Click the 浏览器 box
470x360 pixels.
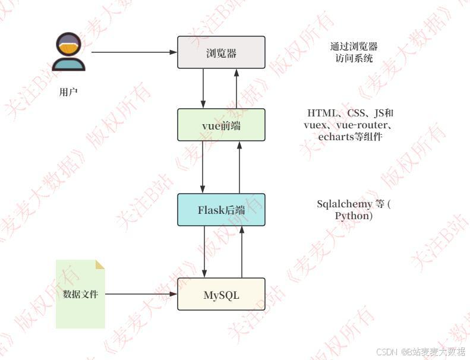click(221, 53)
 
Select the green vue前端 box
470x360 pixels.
click(221, 125)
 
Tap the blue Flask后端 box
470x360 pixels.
click(221, 210)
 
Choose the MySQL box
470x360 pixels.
click(221, 294)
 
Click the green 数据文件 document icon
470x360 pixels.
click(80, 294)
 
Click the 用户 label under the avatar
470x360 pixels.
click(68, 92)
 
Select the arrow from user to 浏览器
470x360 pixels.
click(134, 52)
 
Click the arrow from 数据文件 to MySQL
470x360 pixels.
click(141, 294)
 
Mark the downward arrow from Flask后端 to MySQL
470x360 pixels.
click(204, 252)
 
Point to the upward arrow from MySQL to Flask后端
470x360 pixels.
click(242, 252)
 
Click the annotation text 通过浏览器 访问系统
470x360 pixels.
click(354, 52)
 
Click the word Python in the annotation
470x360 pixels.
click(352, 216)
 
